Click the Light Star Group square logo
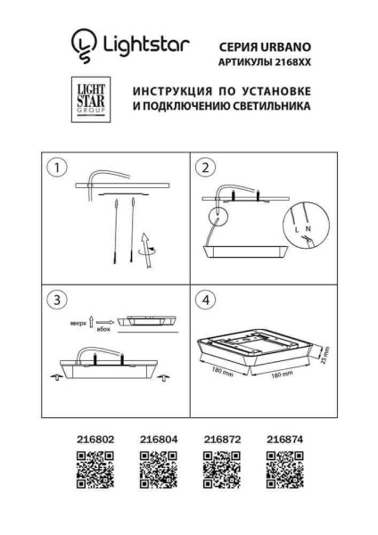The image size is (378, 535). click(90, 99)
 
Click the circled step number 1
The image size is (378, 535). click(58, 167)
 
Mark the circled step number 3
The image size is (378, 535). click(58, 300)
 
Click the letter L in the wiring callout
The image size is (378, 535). click(295, 230)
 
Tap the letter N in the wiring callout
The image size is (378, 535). click(308, 229)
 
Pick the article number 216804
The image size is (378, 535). click(158, 440)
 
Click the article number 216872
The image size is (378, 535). click(221, 440)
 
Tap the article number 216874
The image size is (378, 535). click(284, 440)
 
